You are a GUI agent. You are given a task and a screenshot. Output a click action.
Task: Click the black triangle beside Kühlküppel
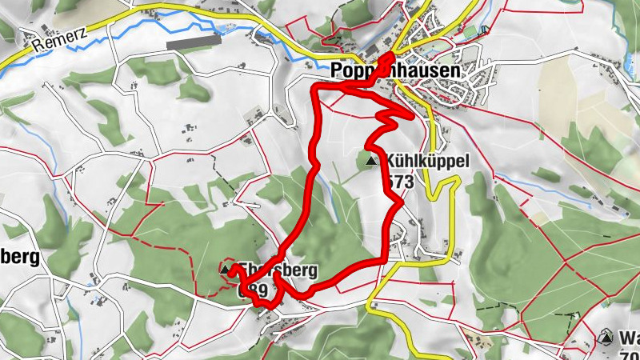pos(370,162)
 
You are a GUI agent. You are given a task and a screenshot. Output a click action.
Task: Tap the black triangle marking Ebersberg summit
pos(225,270)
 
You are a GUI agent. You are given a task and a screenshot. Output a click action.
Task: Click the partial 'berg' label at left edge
pos(20,258)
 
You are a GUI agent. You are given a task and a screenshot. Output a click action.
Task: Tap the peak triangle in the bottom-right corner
pos(606,337)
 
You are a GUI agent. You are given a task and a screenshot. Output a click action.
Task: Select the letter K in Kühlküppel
pos(390,162)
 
